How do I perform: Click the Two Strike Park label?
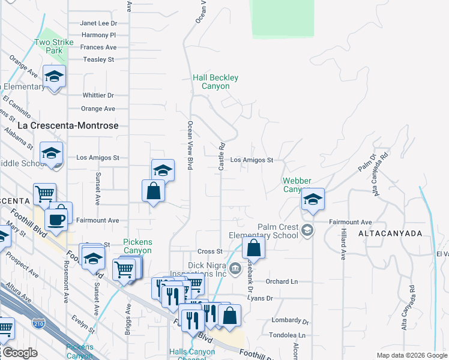(x=53, y=47)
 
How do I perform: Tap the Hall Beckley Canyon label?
(x=215, y=82)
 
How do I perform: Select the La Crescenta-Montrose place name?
(x=68, y=125)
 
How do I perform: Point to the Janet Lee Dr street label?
(x=98, y=23)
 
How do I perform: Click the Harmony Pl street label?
(x=98, y=35)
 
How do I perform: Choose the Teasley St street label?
(x=98, y=59)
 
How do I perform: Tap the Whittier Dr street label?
(x=98, y=95)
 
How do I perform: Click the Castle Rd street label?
(x=221, y=156)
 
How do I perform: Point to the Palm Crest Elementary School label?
(x=278, y=231)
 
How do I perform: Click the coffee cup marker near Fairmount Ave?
(x=56, y=219)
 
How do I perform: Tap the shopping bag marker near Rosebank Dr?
(x=254, y=247)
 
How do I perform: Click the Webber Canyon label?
(x=297, y=185)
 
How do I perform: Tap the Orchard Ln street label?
(x=286, y=281)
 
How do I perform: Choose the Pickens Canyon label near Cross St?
(x=137, y=246)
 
